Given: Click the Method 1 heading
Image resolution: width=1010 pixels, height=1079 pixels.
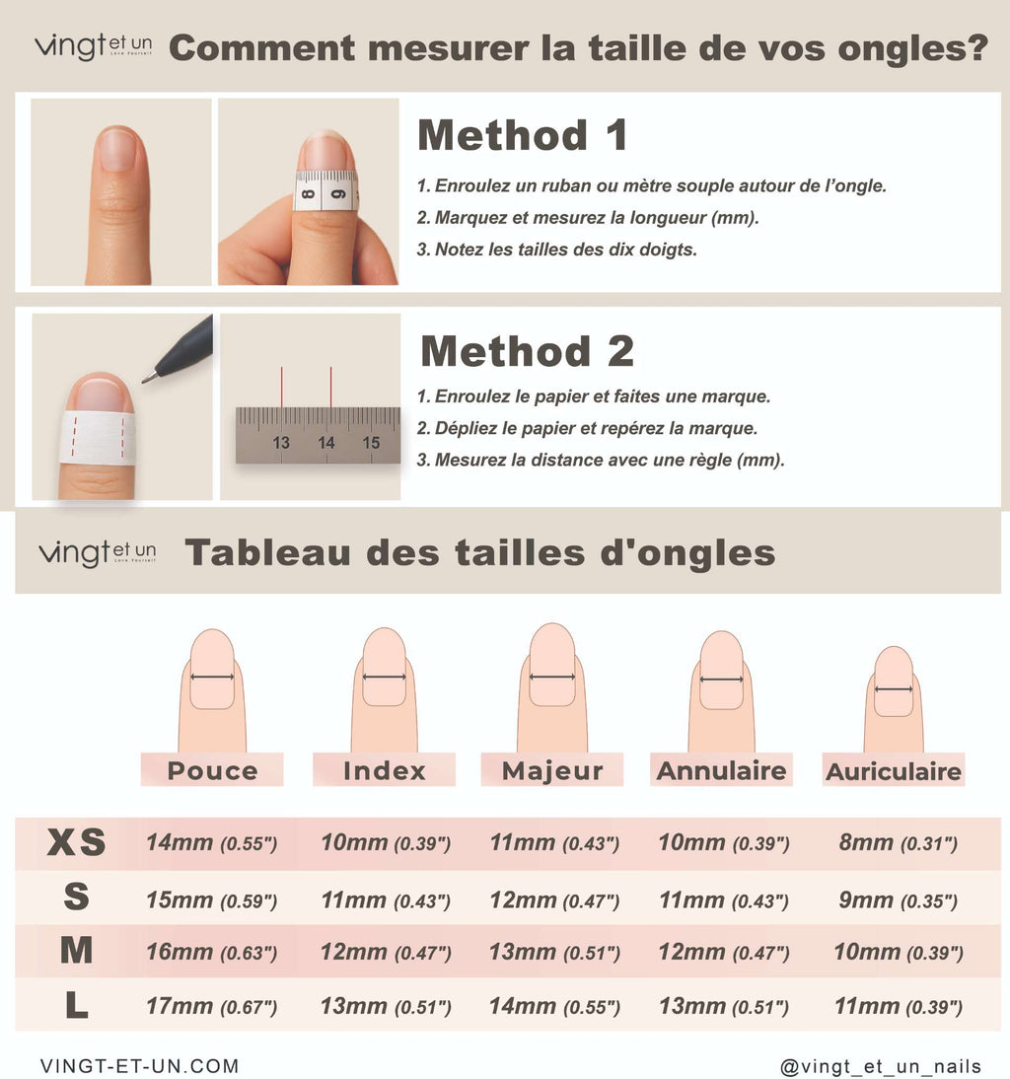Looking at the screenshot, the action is coord(522,135).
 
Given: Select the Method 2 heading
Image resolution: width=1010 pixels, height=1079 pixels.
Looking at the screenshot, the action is coord(527,351).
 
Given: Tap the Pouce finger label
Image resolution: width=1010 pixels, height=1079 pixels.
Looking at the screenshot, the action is coord(212,770).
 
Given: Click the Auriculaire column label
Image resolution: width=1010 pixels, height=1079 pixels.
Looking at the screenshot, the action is coord(893,771).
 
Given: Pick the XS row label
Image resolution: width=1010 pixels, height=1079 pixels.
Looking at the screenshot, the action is coord(76,842).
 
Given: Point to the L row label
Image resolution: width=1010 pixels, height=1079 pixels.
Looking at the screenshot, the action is coord(76,1005).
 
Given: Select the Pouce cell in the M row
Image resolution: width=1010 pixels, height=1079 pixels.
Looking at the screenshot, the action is coord(211,953).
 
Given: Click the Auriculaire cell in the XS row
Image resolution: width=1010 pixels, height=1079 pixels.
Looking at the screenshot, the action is coord(898,843).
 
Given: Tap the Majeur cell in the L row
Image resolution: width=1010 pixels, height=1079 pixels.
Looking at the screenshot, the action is coord(554,1007).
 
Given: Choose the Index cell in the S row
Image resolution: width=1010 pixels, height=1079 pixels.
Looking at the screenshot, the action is coord(386,900).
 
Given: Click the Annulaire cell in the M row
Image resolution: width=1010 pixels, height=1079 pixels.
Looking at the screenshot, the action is coord(724,953).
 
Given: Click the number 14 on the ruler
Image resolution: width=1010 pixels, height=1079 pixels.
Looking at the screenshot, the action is coord(326,443).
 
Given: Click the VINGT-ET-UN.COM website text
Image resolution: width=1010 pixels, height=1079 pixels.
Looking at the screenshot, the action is coord(140,1066).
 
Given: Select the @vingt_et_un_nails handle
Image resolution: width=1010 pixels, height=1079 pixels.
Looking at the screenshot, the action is coord(881,1066).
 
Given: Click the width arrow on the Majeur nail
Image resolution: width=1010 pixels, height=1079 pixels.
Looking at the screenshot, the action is coord(552,678).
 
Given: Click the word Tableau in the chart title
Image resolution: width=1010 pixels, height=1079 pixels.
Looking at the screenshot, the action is coord(267,552).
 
